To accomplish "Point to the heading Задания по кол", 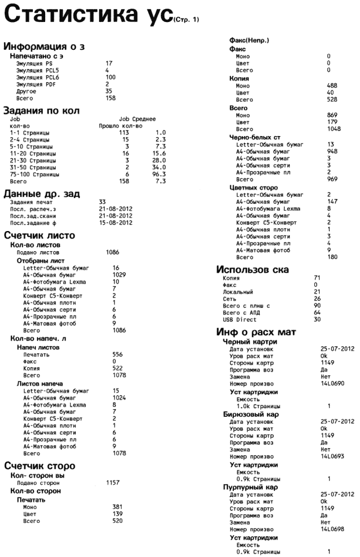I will [x=41, y=110].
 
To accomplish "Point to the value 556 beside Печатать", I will [x=118, y=353].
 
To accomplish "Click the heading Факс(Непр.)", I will [x=249, y=40].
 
